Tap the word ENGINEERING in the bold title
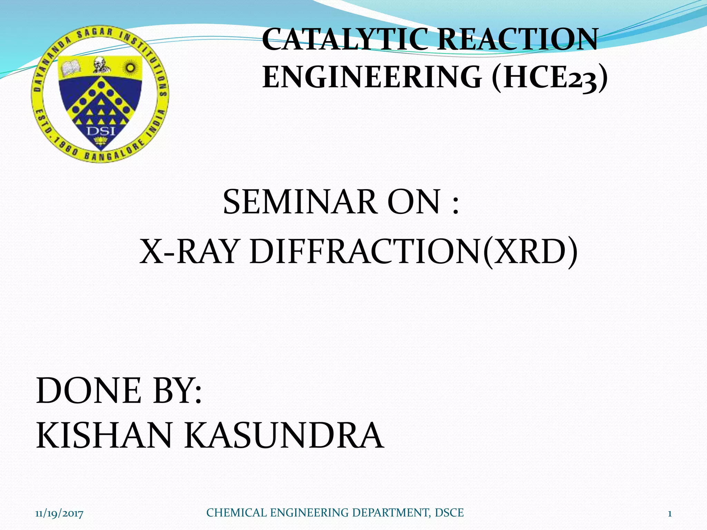[x=372, y=77]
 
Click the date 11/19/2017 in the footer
[x=59, y=514]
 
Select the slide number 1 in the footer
[x=669, y=514]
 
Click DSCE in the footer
[x=449, y=513]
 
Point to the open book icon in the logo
[x=71, y=67]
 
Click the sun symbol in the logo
[x=130, y=67]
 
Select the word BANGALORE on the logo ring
[x=114, y=152]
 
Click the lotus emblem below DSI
[x=101, y=140]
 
